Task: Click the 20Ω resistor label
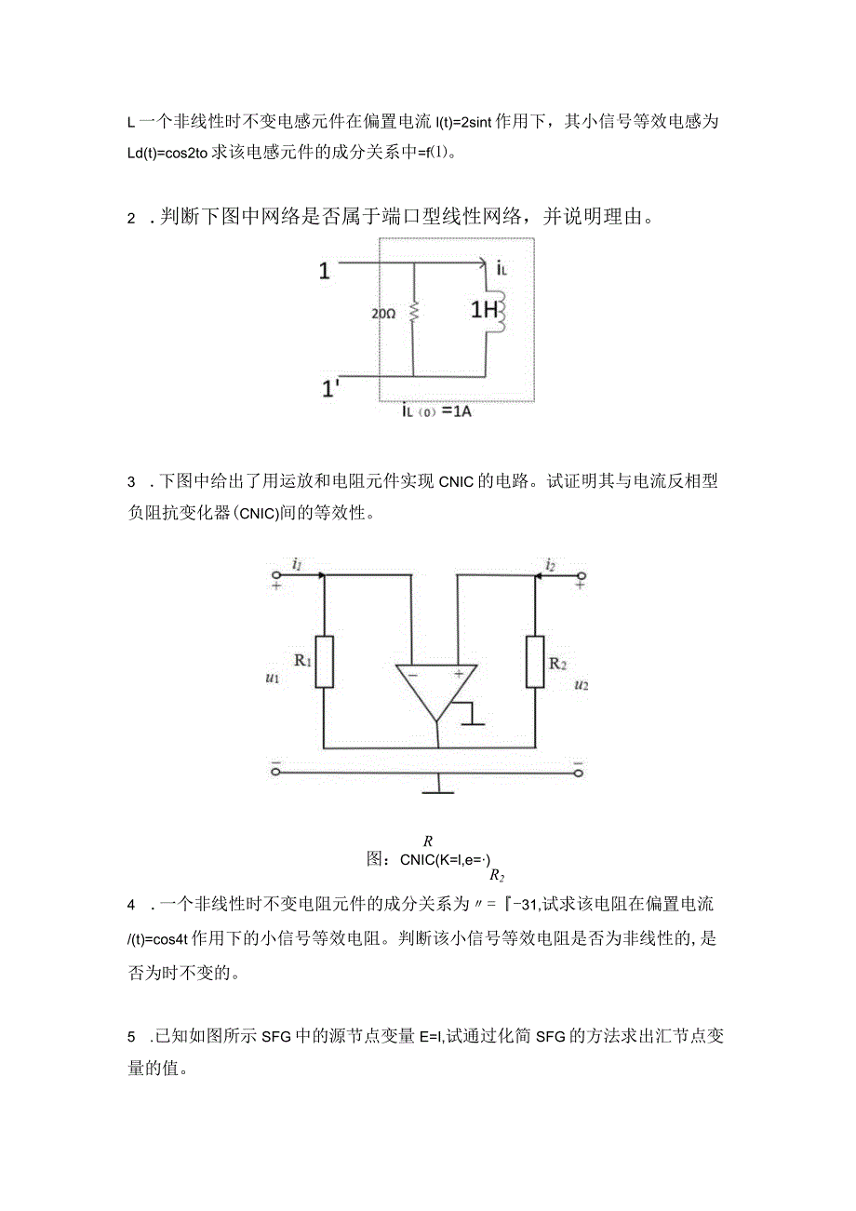pyautogui.click(x=383, y=314)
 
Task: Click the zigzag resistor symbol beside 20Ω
pyautogui.click(x=412, y=314)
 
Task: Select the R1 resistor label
pyautogui.click(x=302, y=660)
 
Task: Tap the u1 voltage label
pyautogui.click(x=273, y=680)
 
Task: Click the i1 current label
pyautogui.click(x=297, y=562)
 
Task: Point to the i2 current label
pyautogui.click(x=551, y=563)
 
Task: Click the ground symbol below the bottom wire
pyautogui.click(x=437, y=790)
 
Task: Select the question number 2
pyautogui.click(x=131, y=220)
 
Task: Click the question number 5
pyautogui.click(x=131, y=1035)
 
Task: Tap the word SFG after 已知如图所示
pyautogui.click(x=277, y=1035)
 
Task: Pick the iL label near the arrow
pyautogui.click(x=502, y=270)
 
